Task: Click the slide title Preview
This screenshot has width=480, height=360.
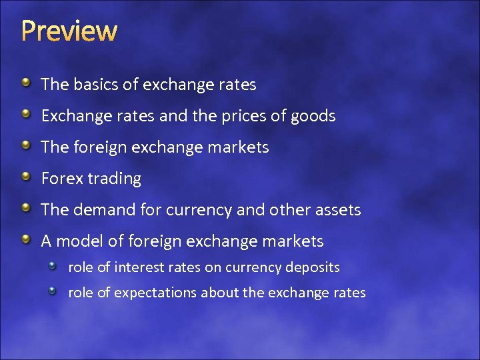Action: click(x=69, y=31)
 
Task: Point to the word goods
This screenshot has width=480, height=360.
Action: click(x=313, y=117)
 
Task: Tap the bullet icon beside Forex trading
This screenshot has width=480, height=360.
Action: click(x=25, y=177)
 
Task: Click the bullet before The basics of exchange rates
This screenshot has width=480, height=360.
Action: click(x=25, y=83)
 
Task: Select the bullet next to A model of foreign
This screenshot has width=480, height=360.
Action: click(x=25, y=239)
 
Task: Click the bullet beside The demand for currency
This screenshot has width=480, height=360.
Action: click(x=25, y=209)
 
